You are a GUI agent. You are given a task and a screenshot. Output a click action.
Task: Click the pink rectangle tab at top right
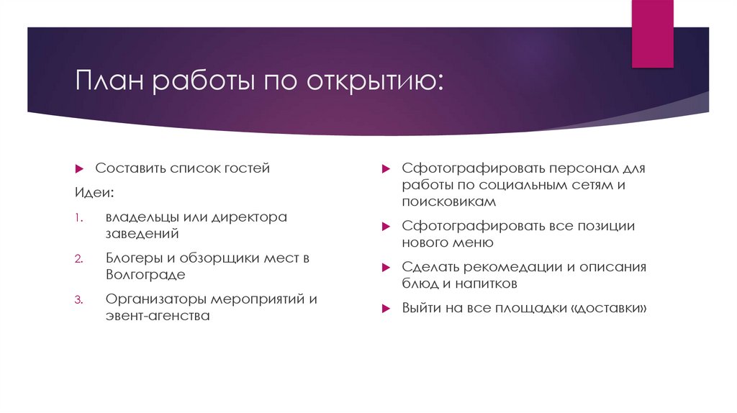654,33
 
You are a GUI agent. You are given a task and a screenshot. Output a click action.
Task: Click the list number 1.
78,217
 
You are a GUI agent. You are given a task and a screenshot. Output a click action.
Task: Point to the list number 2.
78,258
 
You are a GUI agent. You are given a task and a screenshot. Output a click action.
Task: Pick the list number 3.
78,299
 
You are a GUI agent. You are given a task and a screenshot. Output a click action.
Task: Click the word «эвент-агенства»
158,315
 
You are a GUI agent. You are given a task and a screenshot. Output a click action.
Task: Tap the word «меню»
473,242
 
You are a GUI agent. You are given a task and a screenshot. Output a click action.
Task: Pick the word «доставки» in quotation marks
615,308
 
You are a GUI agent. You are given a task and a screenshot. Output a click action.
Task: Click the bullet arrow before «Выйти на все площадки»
386,308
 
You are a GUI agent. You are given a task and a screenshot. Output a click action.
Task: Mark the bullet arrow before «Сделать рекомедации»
386,268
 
